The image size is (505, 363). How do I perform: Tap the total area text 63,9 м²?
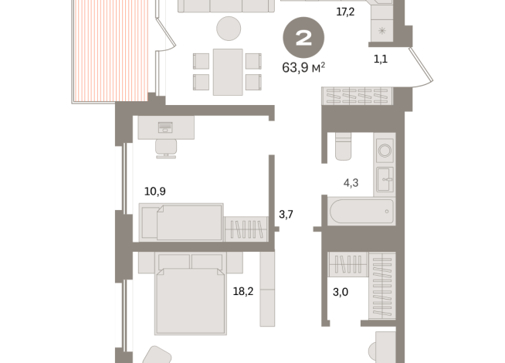(303, 67)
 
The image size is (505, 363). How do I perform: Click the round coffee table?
(229, 29)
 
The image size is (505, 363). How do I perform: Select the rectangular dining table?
(228, 70)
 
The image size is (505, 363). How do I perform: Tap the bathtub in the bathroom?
(360, 212)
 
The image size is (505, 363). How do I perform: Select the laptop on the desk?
(166, 128)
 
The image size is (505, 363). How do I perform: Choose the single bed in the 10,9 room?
(182, 222)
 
